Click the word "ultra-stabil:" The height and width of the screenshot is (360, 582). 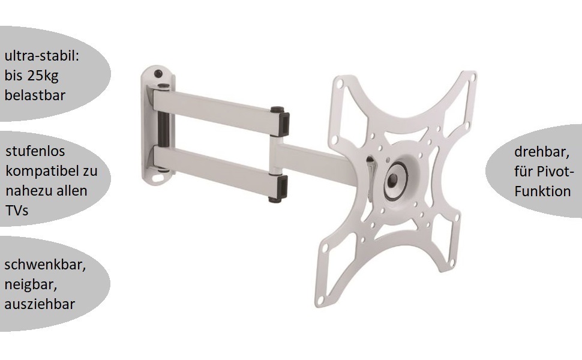click(41, 56)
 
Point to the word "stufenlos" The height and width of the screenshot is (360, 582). click(35, 151)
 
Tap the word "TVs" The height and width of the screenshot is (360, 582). click(17, 211)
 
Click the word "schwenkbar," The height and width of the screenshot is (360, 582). click(45, 265)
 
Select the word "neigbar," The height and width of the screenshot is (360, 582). click(31, 284)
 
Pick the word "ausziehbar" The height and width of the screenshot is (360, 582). click(40, 304)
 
